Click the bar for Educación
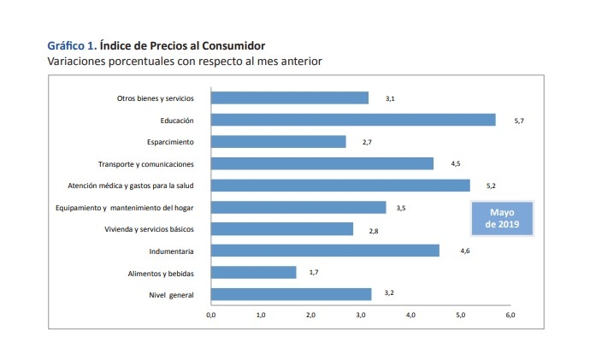pyautogui.click(x=352, y=120)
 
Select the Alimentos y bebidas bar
pyautogui.click(x=253, y=273)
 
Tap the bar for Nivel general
pyautogui.click(x=291, y=294)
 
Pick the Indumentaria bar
pyautogui.click(x=325, y=251)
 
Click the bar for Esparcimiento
pyautogui.click(x=278, y=141)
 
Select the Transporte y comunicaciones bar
pyautogui.click(x=322, y=163)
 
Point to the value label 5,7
pyautogui.click(x=518, y=121)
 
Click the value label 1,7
pyautogui.click(x=314, y=273)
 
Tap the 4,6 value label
pyautogui.click(x=465, y=251)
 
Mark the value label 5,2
pyautogui.click(x=491, y=186)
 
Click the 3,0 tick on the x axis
pyautogui.click(x=361, y=316)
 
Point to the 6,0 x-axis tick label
pyautogui.click(x=511, y=316)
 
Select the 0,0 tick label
pyautogui.click(x=211, y=316)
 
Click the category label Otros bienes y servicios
pyautogui.click(x=156, y=98)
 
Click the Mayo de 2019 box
pyautogui.click(x=502, y=218)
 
